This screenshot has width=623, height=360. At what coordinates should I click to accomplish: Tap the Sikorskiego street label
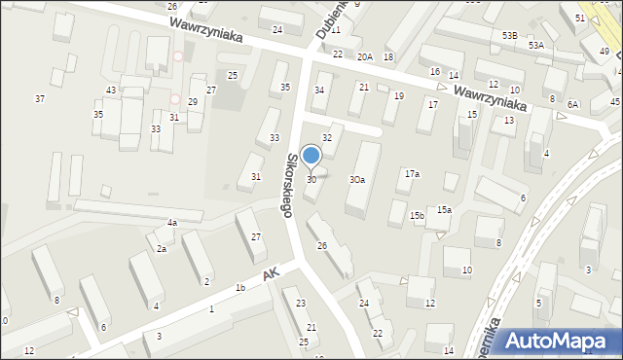click(x=291, y=184)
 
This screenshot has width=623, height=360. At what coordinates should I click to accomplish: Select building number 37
click(x=40, y=98)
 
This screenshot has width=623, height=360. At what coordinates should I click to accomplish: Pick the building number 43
click(x=112, y=90)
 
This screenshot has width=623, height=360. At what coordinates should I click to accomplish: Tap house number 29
click(x=193, y=102)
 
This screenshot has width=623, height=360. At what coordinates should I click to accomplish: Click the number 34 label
click(x=318, y=90)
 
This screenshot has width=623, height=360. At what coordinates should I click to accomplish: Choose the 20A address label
click(x=365, y=57)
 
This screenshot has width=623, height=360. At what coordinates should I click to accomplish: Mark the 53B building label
click(x=510, y=35)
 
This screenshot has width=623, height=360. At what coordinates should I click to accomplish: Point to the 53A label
click(x=536, y=45)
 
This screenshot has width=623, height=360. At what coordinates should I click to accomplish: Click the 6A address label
click(x=573, y=104)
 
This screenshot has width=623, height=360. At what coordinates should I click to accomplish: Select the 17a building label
click(x=413, y=173)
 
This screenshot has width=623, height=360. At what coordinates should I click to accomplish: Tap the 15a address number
click(x=444, y=209)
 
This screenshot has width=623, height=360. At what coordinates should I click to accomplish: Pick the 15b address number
click(x=417, y=215)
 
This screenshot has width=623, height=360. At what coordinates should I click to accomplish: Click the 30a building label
click(x=357, y=180)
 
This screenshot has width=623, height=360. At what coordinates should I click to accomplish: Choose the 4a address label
click(x=171, y=223)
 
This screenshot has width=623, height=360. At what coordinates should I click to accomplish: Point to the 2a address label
click(x=162, y=249)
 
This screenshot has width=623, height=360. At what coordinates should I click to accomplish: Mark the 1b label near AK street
click(x=239, y=287)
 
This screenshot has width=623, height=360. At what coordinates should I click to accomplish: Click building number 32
click(x=327, y=138)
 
